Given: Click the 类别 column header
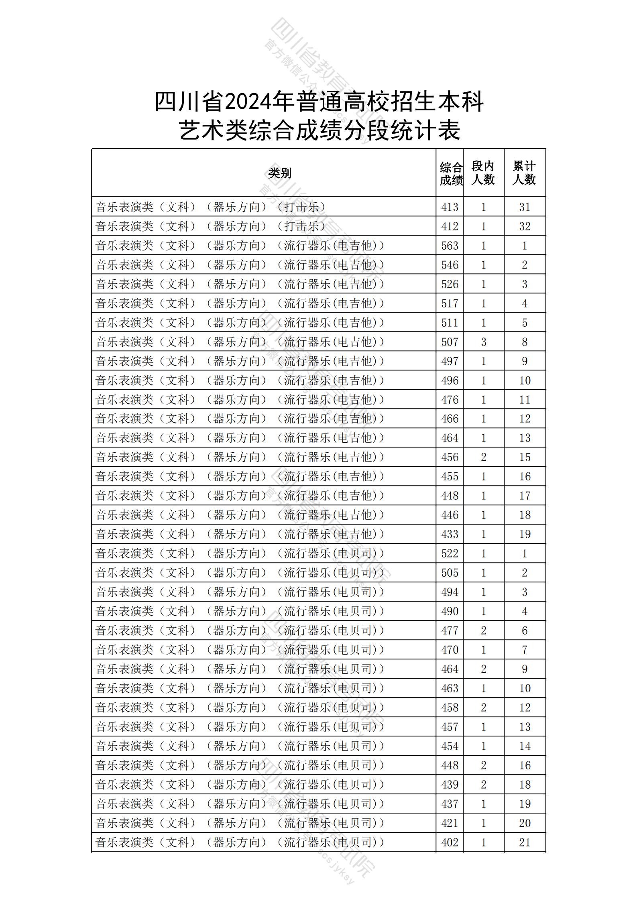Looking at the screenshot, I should tap(280, 173).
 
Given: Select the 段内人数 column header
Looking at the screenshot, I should tap(483, 173).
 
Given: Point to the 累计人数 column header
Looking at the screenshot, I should tap(524, 173).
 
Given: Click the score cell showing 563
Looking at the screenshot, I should tap(450, 246).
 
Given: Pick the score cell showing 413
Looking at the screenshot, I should tap(450, 207).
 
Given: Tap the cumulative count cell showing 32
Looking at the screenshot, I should tap(525, 226).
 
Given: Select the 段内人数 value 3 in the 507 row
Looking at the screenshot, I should tap(483, 342).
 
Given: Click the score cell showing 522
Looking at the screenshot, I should tap(450, 553).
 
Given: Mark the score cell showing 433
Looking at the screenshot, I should tap(450, 534).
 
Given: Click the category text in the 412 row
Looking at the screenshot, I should tap(211, 226).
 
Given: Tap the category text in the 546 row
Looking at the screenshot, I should tap(240, 265).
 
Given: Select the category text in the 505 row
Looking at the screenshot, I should tap(240, 573).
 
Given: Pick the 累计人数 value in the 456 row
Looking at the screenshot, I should tap(525, 457).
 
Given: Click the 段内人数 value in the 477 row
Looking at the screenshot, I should tap(483, 630).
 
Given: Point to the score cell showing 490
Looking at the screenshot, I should tap(450, 611).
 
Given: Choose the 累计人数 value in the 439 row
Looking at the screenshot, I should tap(525, 785).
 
